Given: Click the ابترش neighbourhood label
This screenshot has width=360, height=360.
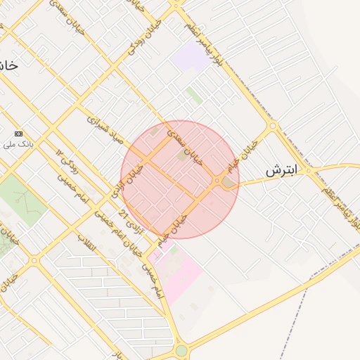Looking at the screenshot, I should (283, 171).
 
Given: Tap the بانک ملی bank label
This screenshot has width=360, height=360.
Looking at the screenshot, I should (14, 145).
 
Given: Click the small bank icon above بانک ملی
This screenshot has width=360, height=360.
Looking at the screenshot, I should (18, 133).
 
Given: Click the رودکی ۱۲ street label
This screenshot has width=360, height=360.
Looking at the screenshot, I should (69, 162).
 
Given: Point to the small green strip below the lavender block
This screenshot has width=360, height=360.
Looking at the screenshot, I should (194, 96).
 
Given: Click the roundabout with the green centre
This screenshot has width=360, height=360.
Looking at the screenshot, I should (181, 349).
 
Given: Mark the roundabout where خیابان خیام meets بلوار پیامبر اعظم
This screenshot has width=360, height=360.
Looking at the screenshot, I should (272, 127).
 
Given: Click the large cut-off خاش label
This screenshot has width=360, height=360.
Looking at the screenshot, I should (7, 65).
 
